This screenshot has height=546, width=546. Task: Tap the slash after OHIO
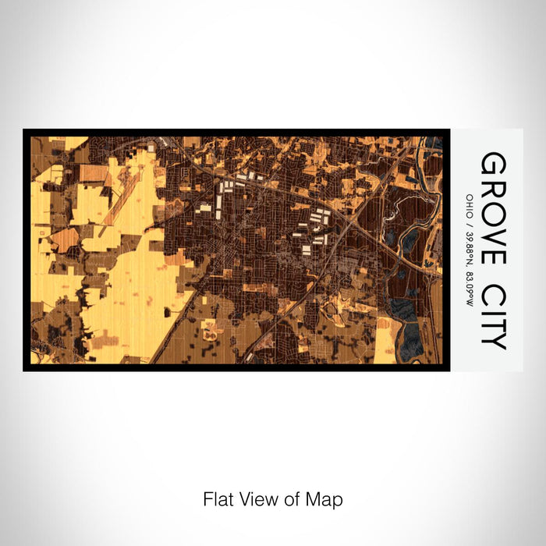point(469,218)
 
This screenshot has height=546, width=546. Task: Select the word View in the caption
point(258,498)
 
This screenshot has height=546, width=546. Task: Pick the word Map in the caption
point(326,498)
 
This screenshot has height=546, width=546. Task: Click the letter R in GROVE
point(493,186)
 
